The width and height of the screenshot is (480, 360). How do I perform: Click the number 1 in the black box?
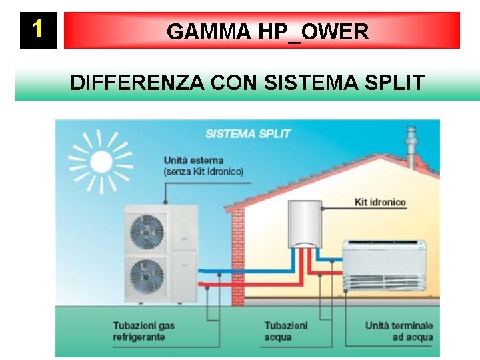(x=38, y=29)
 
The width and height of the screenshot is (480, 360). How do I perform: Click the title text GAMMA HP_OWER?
(x=267, y=31)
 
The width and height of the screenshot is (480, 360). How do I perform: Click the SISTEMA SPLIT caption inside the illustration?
(x=248, y=133)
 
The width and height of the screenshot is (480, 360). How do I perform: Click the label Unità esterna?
(x=193, y=160)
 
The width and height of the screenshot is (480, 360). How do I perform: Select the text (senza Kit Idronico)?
(x=203, y=171)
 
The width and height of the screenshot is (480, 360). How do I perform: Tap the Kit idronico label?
(x=380, y=202)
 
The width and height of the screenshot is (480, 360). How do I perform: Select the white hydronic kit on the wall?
(x=304, y=224)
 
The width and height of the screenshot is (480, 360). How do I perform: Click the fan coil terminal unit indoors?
(x=384, y=265)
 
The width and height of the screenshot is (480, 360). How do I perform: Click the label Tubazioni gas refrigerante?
(x=143, y=331)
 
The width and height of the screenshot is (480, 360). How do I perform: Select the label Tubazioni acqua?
(x=285, y=331)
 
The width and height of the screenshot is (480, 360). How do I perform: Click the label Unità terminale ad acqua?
(x=399, y=331)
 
